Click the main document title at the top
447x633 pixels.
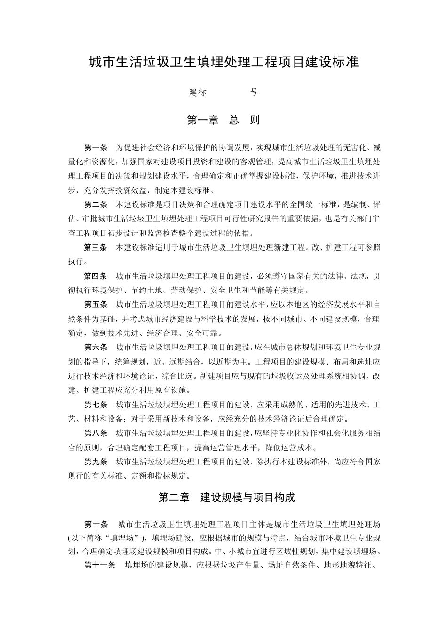coord(223,62)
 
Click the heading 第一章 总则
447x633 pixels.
coord(223,120)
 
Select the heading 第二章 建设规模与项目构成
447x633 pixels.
coord(226,497)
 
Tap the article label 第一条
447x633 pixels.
coord(96,147)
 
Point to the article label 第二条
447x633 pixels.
coord(96,204)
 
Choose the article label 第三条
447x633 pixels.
coord(96,247)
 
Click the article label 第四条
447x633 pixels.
coord(96,276)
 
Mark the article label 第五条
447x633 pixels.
coord(96,304)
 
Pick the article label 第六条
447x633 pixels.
coord(96,348)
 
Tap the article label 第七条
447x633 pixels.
coord(96,405)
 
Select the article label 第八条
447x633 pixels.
coord(96,433)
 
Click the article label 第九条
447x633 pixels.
coord(96,462)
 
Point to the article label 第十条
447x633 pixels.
coord(96,524)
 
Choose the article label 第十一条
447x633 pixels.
coord(100,566)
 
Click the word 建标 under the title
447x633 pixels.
coord(198,92)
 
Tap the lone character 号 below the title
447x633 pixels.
coord(254,92)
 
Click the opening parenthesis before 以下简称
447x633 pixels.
coord(69,538)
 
